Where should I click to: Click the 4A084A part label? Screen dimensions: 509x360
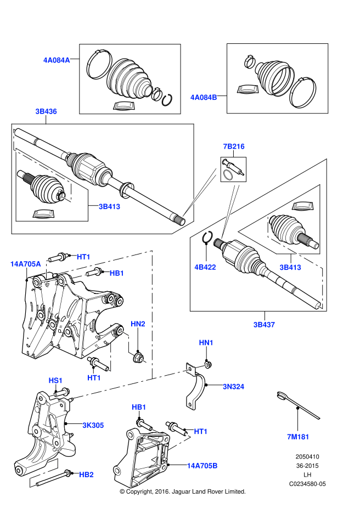click(x=57, y=60)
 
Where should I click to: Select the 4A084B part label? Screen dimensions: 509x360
click(x=204, y=98)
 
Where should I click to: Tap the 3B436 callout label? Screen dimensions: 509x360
click(x=46, y=111)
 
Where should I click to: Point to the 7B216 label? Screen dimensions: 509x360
click(x=233, y=146)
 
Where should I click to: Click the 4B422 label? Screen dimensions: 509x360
click(x=205, y=268)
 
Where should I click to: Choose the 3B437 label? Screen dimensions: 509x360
click(x=264, y=324)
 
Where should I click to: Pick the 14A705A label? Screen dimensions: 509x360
click(x=25, y=264)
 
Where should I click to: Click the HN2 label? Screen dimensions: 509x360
click(x=138, y=324)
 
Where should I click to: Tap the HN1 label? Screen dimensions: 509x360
click(x=206, y=343)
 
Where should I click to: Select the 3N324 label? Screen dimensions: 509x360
click(x=233, y=387)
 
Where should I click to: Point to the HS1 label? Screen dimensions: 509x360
click(x=55, y=380)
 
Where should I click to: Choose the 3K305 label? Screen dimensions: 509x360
click(x=93, y=425)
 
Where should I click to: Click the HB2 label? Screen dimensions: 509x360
click(x=86, y=474)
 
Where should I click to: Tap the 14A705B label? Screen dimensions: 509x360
click(x=202, y=466)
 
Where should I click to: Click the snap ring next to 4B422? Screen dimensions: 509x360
click(x=207, y=238)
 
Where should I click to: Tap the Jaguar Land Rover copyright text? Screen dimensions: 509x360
click(x=182, y=491)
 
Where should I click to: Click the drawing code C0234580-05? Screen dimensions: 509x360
click(x=308, y=484)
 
